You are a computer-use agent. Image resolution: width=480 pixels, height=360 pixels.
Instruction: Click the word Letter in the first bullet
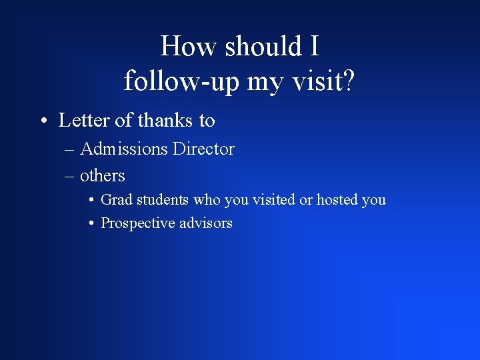coord(82,121)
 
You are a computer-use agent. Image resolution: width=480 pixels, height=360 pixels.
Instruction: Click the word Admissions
coord(123,149)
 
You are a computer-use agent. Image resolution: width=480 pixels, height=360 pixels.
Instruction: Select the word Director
coord(203,149)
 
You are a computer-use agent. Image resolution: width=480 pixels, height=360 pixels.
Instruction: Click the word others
coord(103,176)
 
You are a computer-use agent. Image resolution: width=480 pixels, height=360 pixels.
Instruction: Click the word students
coord(163,200)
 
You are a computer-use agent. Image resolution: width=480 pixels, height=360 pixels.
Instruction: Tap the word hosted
coord(337,200)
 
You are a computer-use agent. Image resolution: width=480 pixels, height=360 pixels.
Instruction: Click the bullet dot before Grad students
coord(91,201)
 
